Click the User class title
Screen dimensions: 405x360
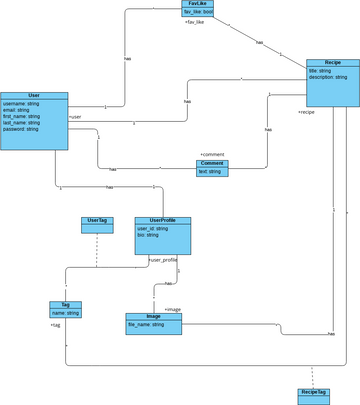pyautogui.click(x=34, y=96)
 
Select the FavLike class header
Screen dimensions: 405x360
pyautogui.click(x=197, y=4)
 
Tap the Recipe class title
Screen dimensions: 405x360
pyautogui.click(x=332, y=63)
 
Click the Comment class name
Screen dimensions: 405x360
pyautogui.click(x=212, y=163)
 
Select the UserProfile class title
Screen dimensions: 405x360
pyautogui.click(x=162, y=220)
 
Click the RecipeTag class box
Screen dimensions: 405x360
pyautogui.click(x=314, y=392)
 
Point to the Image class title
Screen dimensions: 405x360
pyautogui.click(x=153, y=316)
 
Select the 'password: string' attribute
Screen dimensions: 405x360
pyautogui.click(x=21, y=129)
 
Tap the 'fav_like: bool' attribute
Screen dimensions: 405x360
pyautogui.click(x=198, y=12)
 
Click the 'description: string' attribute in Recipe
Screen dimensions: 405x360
pyautogui.click(x=329, y=77)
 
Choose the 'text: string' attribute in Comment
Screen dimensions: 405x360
pyautogui.click(x=210, y=171)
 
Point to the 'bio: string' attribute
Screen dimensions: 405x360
pyautogui.click(x=148, y=235)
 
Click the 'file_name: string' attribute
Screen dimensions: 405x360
pyautogui.click(x=146, y=324)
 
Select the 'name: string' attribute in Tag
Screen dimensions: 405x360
pyautogui.click(x=65, y=313)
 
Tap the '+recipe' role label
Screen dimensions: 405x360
pyautogui.click(x=306, y=112)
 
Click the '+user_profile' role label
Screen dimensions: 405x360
pyautogui.click(x=163, y=259)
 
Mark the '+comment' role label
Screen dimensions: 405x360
pyautogui.click(x=212, y=154)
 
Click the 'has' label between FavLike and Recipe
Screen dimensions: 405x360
pyautogui.click(x=259, y=42)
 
